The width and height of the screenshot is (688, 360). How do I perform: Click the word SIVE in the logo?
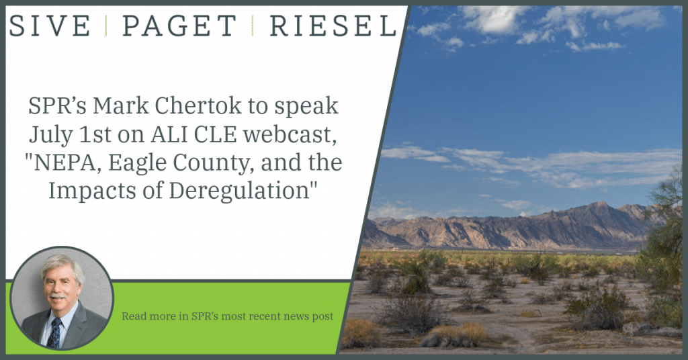tap(50, 26)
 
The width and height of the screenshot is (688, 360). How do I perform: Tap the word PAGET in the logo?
tap(179, 26)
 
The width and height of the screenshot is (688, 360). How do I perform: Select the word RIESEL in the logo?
tap(333, 26)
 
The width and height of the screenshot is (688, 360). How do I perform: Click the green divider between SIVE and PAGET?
tap(106, 26)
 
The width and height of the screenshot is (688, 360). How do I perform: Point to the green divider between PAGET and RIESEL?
tap(253, 26)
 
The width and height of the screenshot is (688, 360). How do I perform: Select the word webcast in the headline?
tap(290, 134)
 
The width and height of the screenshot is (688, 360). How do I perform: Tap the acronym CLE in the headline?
tap(215, 134)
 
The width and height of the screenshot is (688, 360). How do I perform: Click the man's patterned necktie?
tap(55, 333)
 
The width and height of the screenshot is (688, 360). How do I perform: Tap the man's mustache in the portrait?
tap(58, 296)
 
